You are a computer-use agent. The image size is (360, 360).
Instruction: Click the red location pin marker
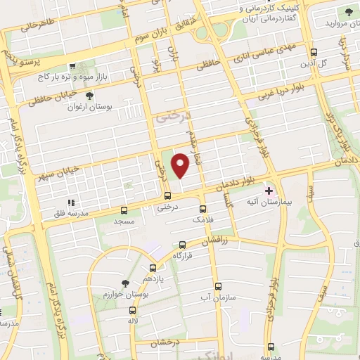pyautogui.click(x=181, y=165)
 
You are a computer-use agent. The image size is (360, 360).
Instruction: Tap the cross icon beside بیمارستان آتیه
pyautogui.click(x=268, y=191)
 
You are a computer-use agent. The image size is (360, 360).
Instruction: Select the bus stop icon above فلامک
pyautogui.click(x=203, y=209)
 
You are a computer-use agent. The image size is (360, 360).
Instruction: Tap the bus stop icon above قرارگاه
pyautogui.click(x=183, y=245)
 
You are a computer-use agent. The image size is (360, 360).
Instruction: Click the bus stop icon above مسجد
pyautogui.click(x=124, y=210)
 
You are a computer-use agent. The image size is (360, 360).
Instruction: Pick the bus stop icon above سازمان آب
pyautogui.click(x=218, y=286)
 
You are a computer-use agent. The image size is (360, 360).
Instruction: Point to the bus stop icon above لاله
pyautogui.click(x=132, y=310)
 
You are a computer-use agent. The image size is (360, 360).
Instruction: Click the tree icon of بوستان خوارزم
pyautogui.click(x=125, y=283)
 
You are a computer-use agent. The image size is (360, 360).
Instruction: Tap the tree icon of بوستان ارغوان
pyautogui.click(x=89, y=96)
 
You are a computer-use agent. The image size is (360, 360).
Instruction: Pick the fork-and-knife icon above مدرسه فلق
pyautogui.click(x=70, y=202)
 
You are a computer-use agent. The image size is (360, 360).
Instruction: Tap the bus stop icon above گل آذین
pyautogui.click(x=314, y=52)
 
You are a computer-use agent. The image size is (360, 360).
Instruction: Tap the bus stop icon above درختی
pyautogui.click(x=167, y=195)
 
